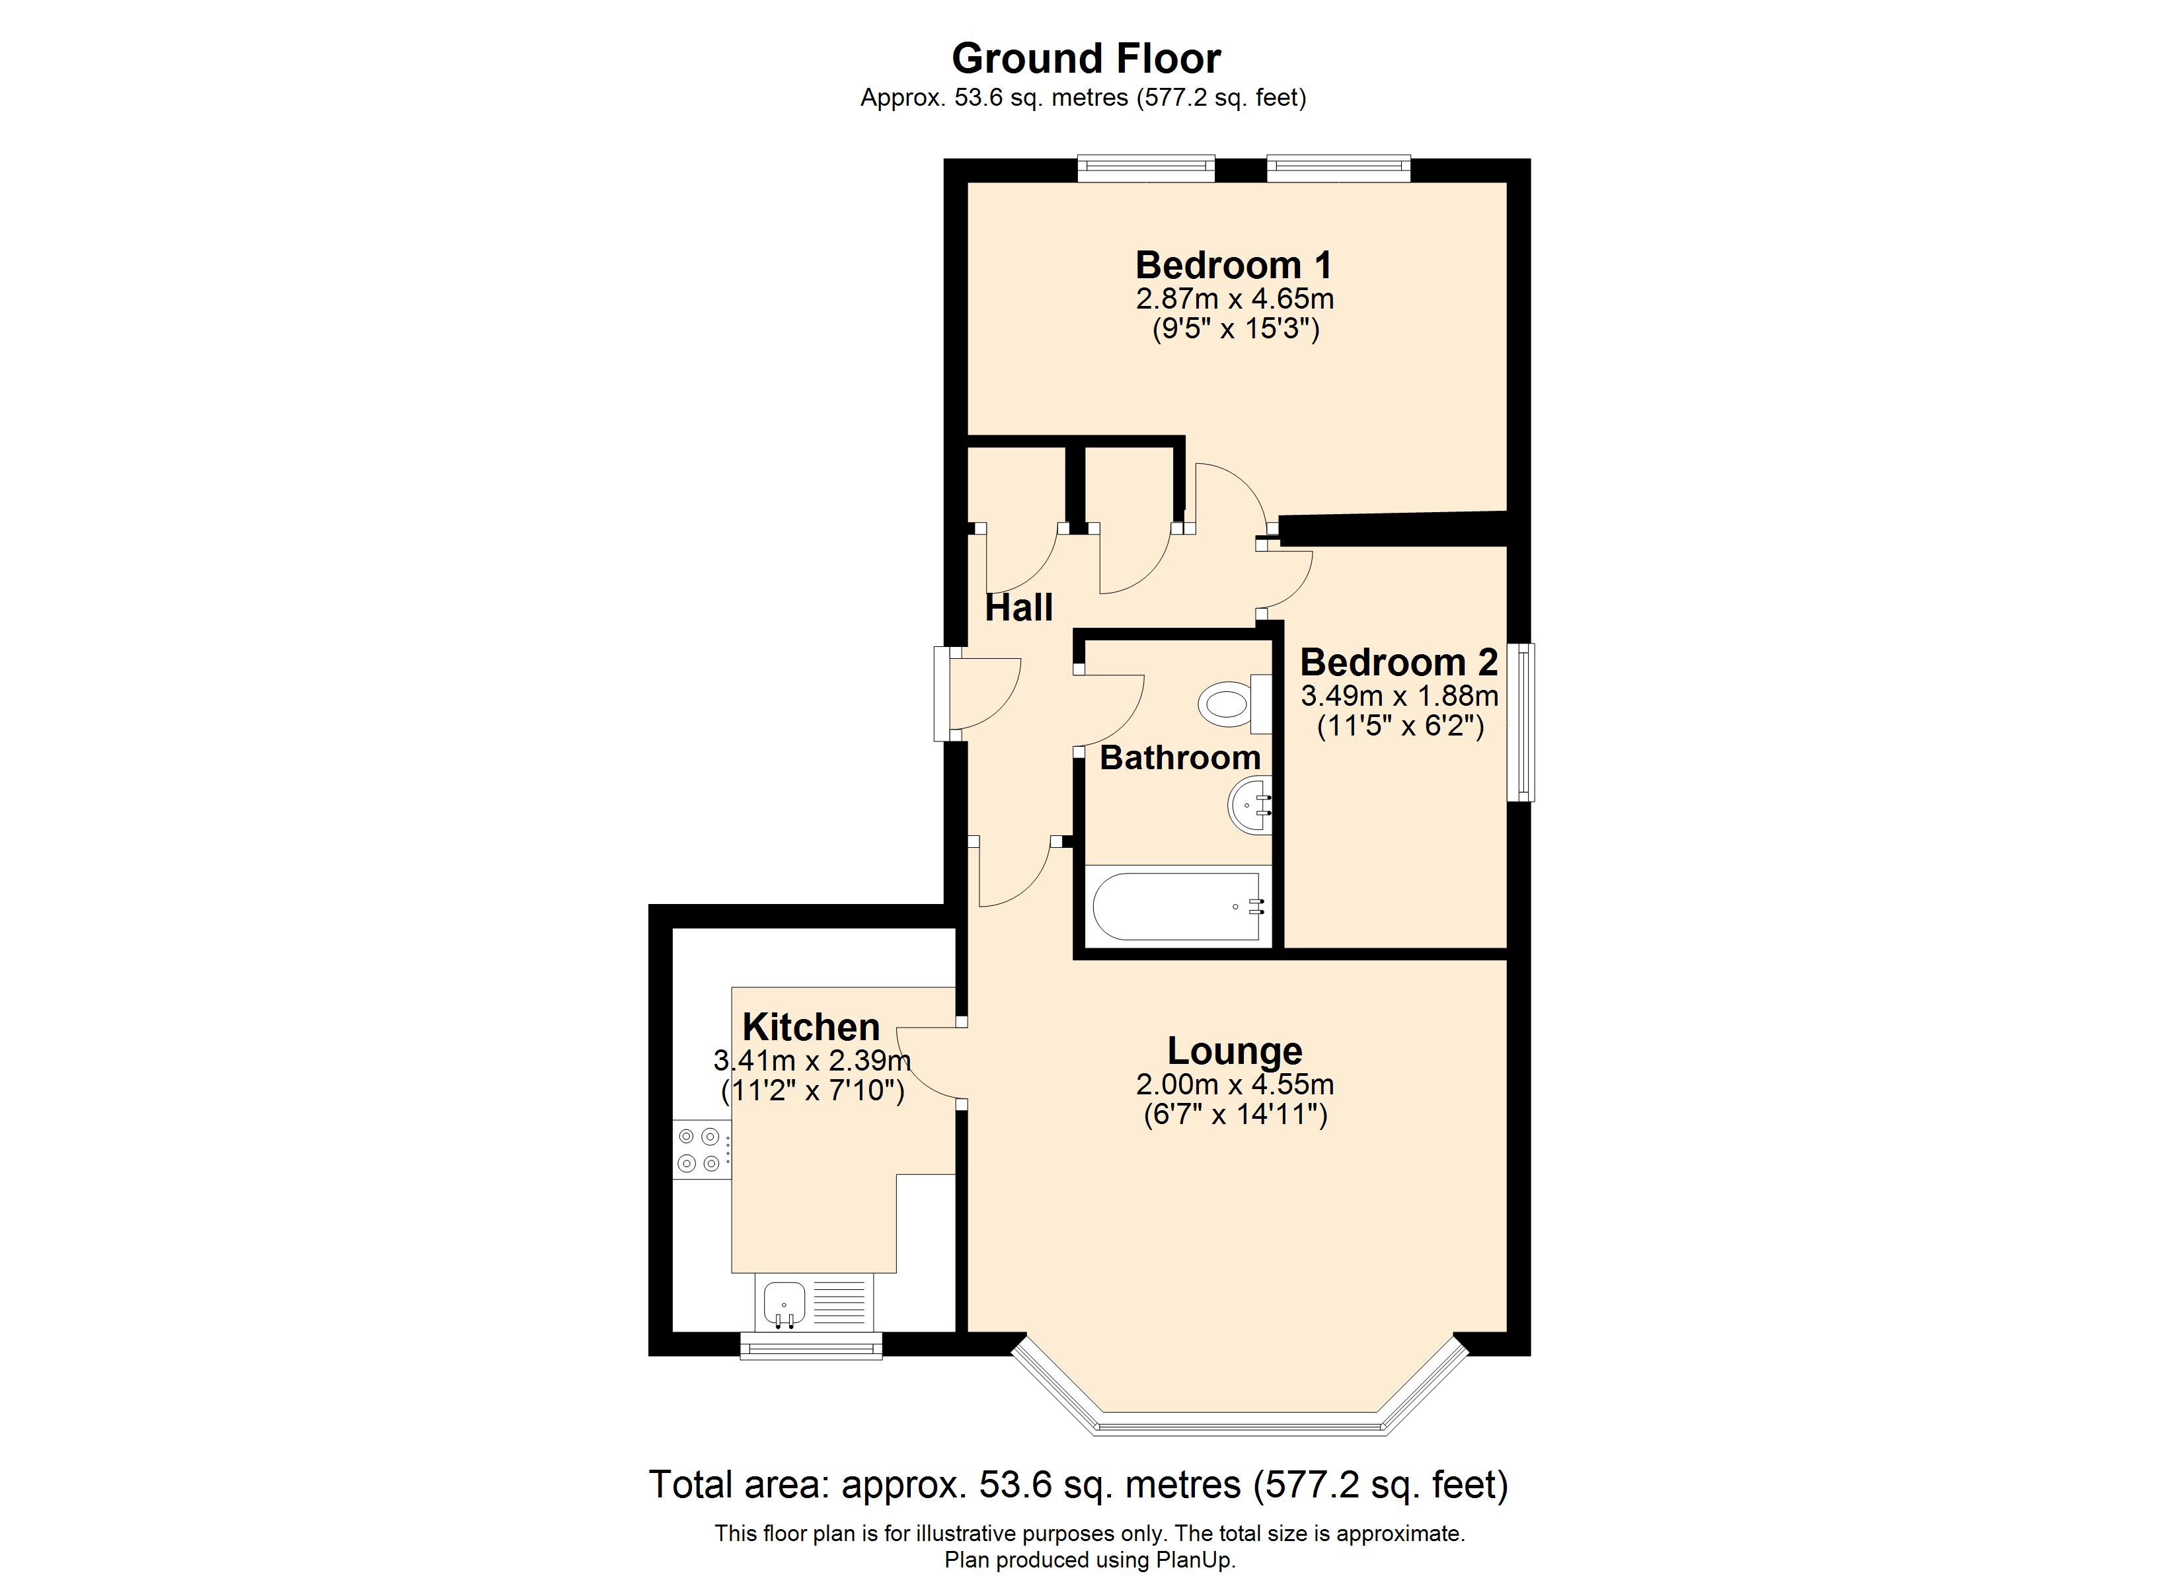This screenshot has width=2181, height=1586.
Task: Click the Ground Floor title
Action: [x=1086, y=59]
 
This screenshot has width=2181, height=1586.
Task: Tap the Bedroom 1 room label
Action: [x=1234, y=264]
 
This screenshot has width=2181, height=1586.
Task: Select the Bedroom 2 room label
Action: [x=1399, y=663]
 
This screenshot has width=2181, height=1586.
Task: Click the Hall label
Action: [x=1019, y=608]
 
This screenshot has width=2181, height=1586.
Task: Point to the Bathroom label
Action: [x=1180, y=758]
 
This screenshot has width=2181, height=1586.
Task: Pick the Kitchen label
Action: [x=812, y=1027]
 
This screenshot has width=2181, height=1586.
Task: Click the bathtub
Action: [x=1177, y=907]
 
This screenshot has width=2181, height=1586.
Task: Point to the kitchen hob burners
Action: [x=699, y=1151]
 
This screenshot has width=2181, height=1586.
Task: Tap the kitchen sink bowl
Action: [x=784, y=1304]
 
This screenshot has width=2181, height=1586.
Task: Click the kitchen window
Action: [x=811, y=1345]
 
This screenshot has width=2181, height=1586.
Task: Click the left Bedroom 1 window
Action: [x=1145, y=169]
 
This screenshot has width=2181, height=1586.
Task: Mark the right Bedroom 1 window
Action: [x=1338, y=169]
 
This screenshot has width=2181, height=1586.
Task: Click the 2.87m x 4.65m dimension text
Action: [x=1235, y=299]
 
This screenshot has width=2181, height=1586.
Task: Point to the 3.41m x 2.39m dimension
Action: [x=812, y=1061]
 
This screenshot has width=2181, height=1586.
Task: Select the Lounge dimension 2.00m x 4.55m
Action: [x=1235, y=1085]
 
